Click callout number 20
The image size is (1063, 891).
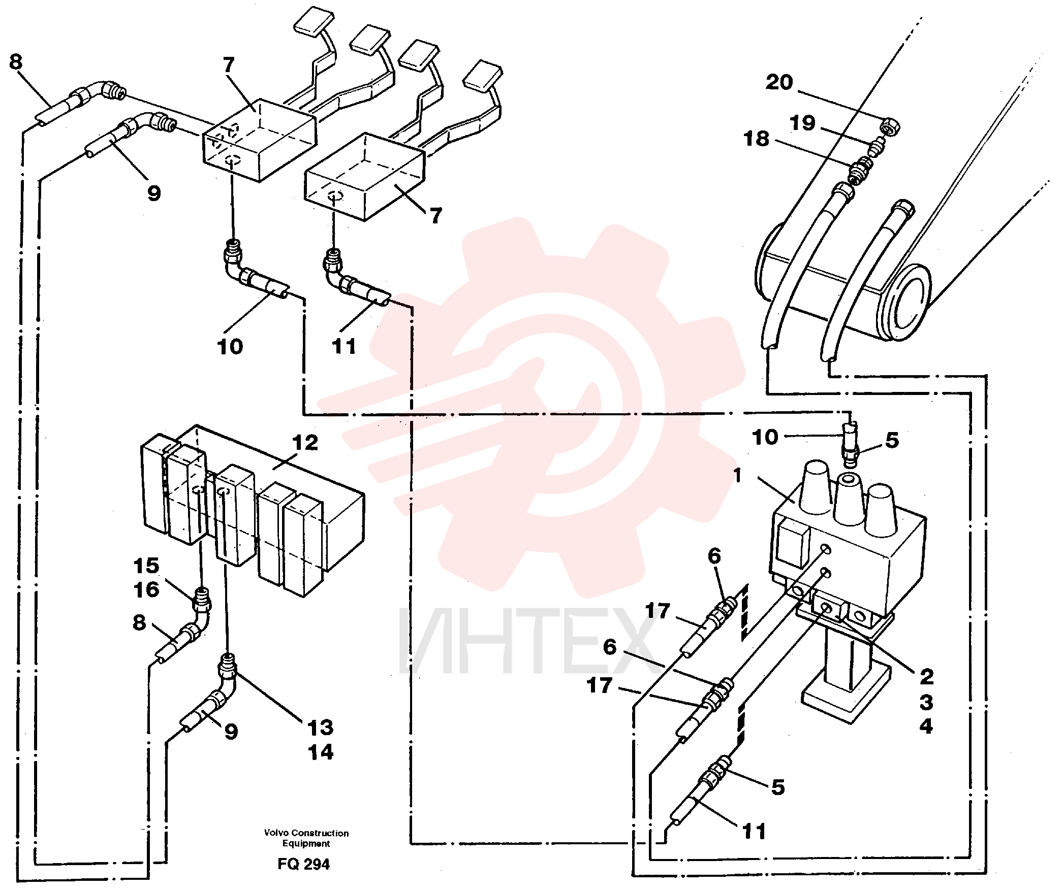click(779, 82)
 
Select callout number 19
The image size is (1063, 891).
click(802, 123)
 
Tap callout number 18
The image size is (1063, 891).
click(756, 139)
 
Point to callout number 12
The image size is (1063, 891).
click(305, 443)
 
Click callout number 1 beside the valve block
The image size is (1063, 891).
click(737, 476)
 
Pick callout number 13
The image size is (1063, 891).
click(320, 728)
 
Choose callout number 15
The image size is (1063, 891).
click(146, 566)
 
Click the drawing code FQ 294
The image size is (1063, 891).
click(303, 864)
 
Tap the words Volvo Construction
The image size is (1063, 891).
click(306, 833)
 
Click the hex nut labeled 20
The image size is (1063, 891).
click(891, 126)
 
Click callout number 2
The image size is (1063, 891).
click(927, 676)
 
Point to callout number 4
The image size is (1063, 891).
click(926, 726)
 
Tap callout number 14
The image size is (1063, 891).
click(321, 752)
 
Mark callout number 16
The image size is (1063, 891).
click(146, 589)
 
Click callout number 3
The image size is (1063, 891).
click(926, 702)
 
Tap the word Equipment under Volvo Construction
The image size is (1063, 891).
click(306, 844)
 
